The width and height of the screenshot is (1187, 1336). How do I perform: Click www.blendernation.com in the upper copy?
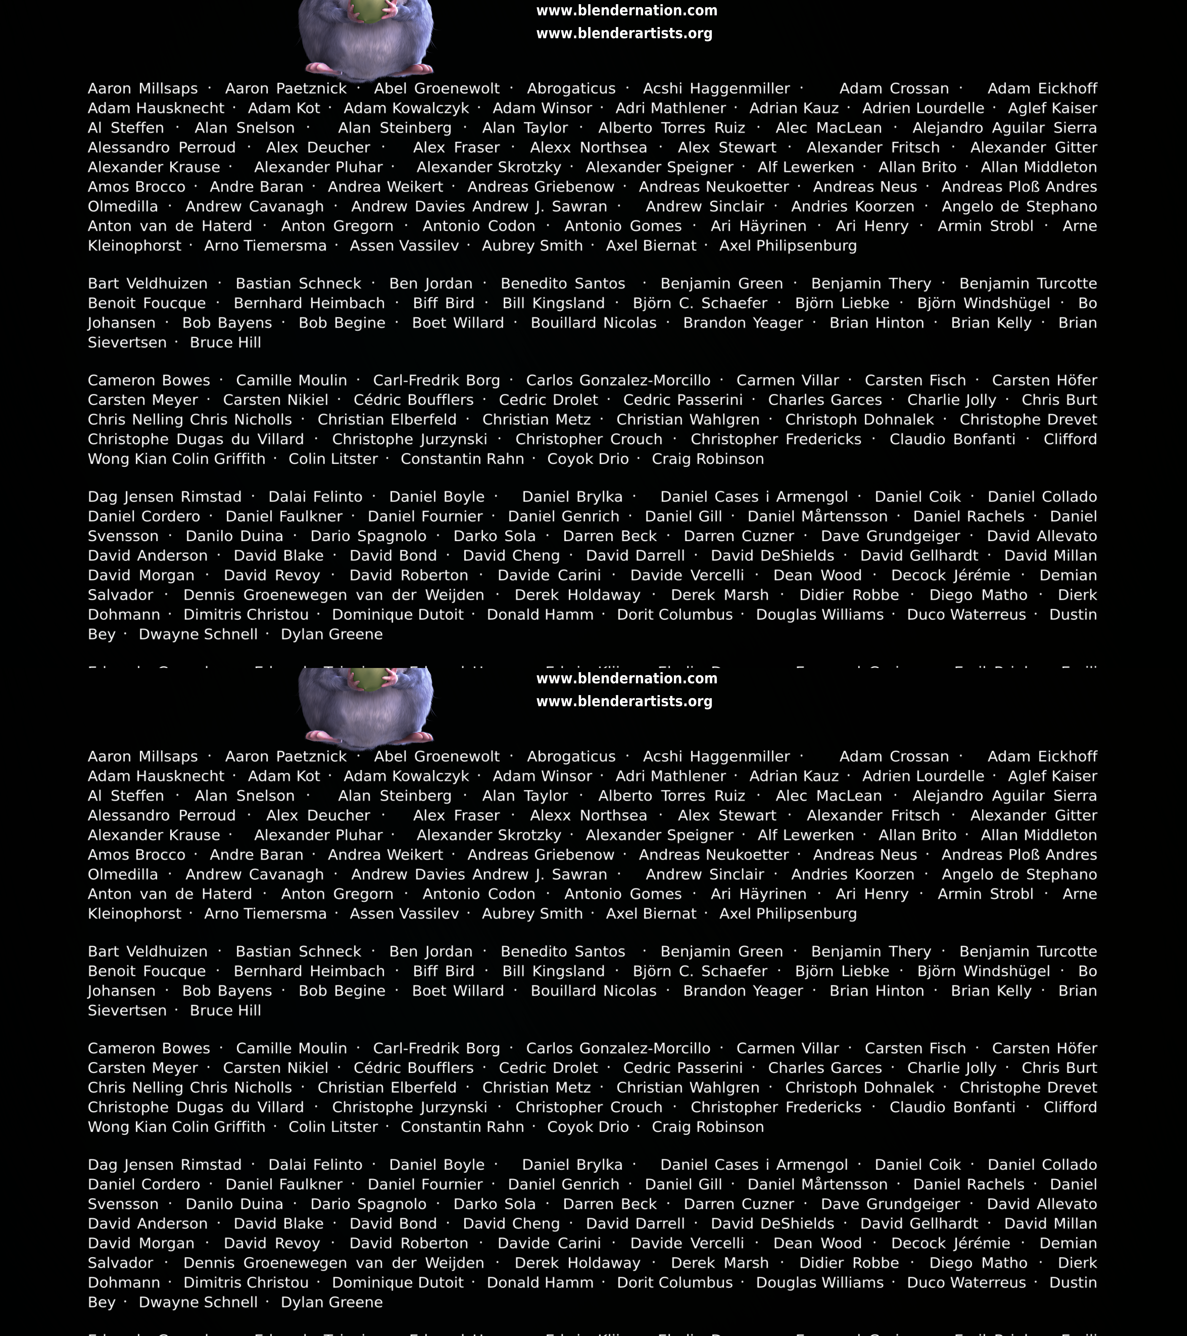click(x=626, y=10)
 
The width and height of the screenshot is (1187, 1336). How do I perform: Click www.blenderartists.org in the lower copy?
click(x=624, y=701)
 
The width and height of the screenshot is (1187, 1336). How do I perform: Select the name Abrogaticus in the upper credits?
click(x=571, y=89)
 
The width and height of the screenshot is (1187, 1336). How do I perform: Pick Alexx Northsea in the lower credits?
click(x=588, y=816)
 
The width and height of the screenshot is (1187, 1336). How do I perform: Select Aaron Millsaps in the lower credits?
click(x=142, y=757)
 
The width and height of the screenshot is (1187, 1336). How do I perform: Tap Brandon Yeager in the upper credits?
click(x=743, y=323)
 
